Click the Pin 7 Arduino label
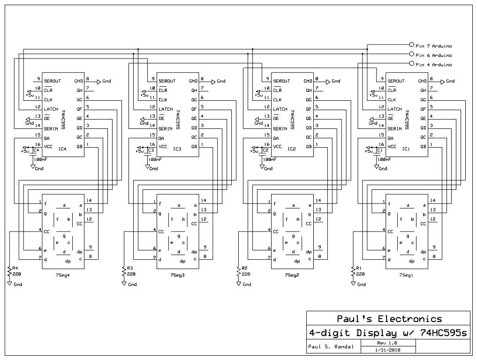coord(433,46)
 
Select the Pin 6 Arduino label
coord(433,55)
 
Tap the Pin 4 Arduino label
coord(433,65)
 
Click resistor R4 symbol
coord(9,271)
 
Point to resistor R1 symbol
coord(353,271)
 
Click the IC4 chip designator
coord(62,149)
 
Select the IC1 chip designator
coord(406,149)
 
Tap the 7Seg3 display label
coord(177,275)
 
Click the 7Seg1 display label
coord(406,275)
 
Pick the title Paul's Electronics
coord(389,319)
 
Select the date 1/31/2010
coord(387,350)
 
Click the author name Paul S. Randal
coord(327,347)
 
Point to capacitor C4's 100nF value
coord(39,160)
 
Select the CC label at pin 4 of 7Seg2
coord(275,231)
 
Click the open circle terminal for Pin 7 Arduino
coord(412,46)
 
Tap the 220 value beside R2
coord(245,274)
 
